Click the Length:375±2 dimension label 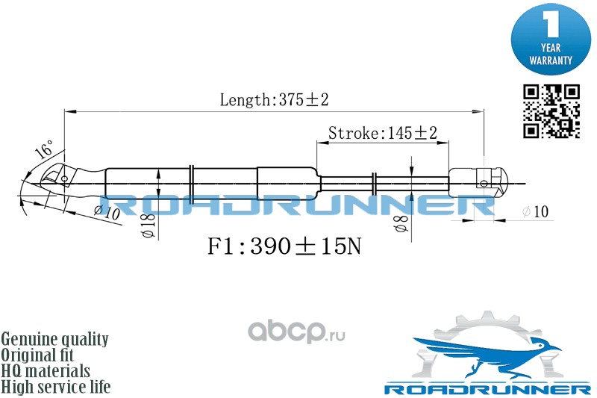coord(274,100)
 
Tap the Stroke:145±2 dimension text coord(383,134)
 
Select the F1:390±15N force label coord(284,246)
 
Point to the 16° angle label coord(45,149)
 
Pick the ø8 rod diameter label coord(401,223)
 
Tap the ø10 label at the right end coord(535,212)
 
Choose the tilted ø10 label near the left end coord(107,212)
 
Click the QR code coord(551,111)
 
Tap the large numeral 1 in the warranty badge coord(551,24)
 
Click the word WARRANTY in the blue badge coord(551,60)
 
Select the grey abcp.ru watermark coord(296,332)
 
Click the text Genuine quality coord(54,339)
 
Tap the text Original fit coord(37,355)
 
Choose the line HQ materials coord(46,370)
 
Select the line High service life coord(55,387)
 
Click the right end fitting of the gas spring coord(479,183)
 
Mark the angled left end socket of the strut coord(60,178)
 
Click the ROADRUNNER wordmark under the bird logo coord(487,389)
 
